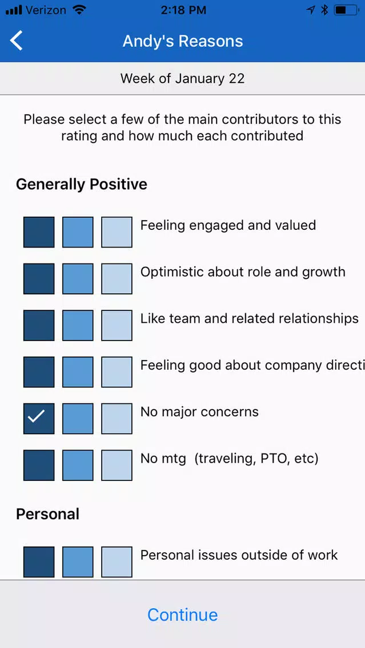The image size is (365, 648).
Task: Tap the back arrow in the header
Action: coord(17,41)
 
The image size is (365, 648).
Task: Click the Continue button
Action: coord(183,614)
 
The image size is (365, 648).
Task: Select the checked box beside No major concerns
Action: coord(39,419)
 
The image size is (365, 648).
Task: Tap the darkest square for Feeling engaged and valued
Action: coord(39,232)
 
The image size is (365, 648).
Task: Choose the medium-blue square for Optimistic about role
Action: coord(78,278)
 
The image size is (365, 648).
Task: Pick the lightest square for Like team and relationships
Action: coord(117,325)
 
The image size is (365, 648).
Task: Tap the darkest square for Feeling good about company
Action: coord(39,372)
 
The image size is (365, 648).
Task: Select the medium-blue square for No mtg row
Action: coord(78,465)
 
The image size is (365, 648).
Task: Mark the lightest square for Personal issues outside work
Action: coord(117,562)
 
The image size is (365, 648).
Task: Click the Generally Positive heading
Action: coord(82,184)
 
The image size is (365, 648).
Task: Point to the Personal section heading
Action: coord(47,514)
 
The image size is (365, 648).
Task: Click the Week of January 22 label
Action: coord(183,78)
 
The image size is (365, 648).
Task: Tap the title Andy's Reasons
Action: coord(183,41)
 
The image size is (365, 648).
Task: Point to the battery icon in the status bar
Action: coord(346,10)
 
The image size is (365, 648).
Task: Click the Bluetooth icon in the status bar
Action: coord(324,10)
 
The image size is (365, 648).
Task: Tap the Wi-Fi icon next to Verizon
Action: coord(79,10)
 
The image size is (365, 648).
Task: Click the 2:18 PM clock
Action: coord(183,10)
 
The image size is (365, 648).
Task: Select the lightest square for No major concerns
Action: coord(117,419)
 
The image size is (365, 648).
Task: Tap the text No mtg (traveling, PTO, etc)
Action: coord(229,459)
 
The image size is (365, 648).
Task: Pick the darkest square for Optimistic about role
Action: coord(39,278)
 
